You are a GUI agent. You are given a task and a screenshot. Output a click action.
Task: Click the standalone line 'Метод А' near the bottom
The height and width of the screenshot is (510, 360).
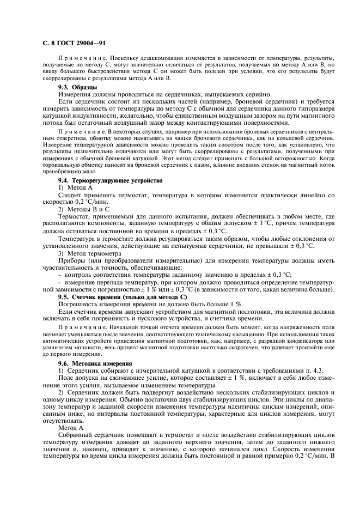pos(72,428)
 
